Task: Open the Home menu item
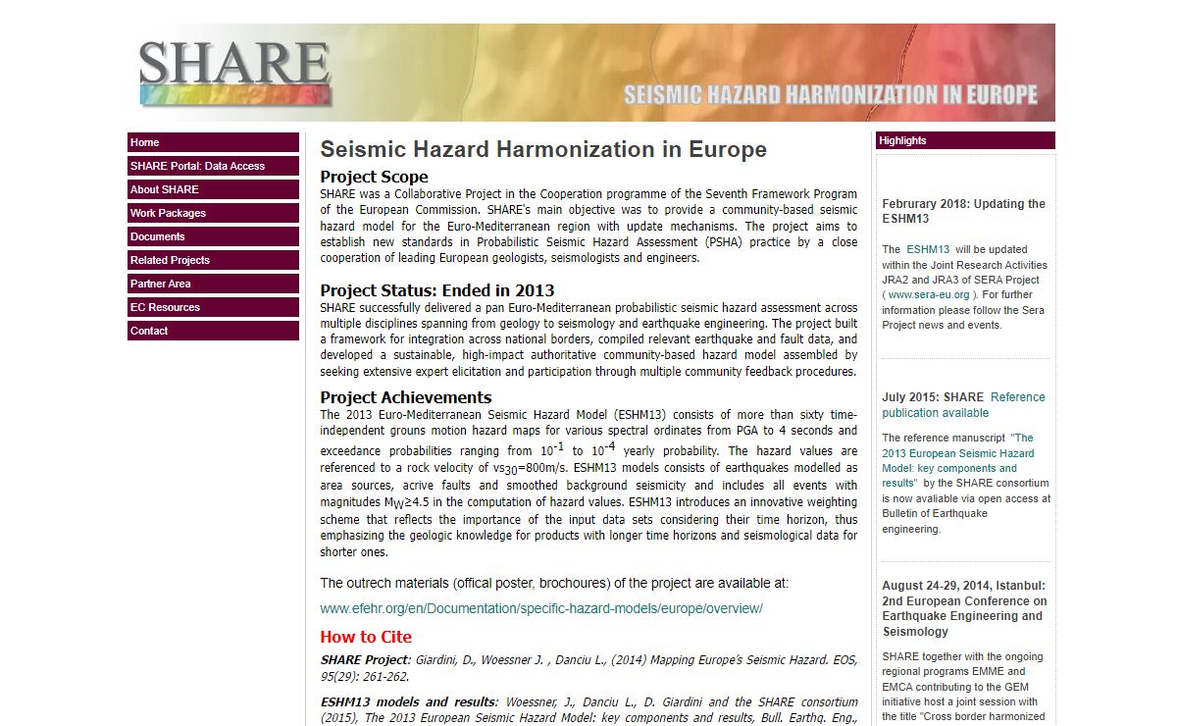pyautogui.click(x=213, y=142)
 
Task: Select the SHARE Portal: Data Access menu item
pyautogui.click(x=213, y=166)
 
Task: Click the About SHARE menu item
pyautogui.click(x=213, y=189)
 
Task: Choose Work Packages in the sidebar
pyautogui.click(x=213, y=213)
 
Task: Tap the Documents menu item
pyautogui.click(x=213, y=236)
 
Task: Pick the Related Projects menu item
pyautogui.click(x=213, y=260)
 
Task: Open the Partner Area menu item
pyautogui.click(x=213, y=284)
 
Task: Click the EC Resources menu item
pyautogui.click(x=213, y=307)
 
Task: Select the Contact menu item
pyautogui.click(x=213, y=331)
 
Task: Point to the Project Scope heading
pyautogui.click(x=374, y=177)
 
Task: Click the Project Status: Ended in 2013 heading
pyautogui.click(x=436, y=290)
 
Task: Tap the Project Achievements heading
pyautogui.click(x=405, y=397)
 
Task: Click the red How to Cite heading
pyautogui.click(x=366, y=637)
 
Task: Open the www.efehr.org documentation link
pyautogui.click(x=540, y=608)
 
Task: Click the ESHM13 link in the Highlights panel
pyautogui.click(x=927, y=249)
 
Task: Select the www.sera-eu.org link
pyautogui.click(x=929, y=294)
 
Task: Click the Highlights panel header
pyautogui.click(x=965, y=140)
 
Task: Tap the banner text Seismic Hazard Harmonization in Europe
pyautogui.click(x=830, y=95)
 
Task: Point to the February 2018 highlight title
pyautogui.click(x=963, y=211)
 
